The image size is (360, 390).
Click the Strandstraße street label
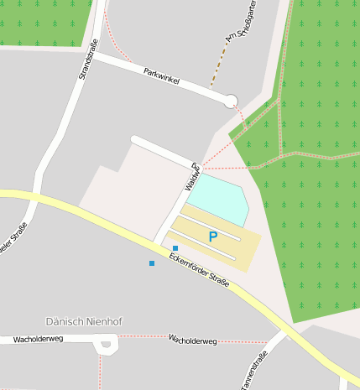[x=88, y=59]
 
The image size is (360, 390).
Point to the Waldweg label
[x=191, y=175]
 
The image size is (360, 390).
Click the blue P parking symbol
[x=212, y=237]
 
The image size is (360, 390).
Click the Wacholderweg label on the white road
[x=39, y=340]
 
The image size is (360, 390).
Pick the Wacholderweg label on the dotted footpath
[x=192, y=341]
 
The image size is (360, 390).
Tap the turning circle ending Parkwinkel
[x=231, y=101]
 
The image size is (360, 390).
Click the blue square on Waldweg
[x=175, y=247]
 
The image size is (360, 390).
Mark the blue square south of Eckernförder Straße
[x=152, y=263]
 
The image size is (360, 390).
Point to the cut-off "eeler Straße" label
[x=16, y=240]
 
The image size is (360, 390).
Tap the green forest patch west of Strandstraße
[x=42, y=21]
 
